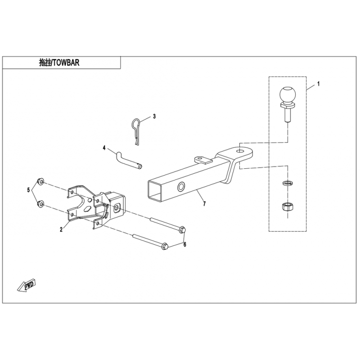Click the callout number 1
318,84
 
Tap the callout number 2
61,229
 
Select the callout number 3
154,117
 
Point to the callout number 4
104,148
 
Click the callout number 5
28,190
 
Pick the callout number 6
185,244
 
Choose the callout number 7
204,203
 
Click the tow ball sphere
288,94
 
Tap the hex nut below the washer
287,207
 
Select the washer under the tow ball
287,184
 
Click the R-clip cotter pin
136,131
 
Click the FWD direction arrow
27,285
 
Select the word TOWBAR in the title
66,63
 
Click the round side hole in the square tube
181,187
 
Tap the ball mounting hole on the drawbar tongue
241,151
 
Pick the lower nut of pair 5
41,204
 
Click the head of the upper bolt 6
182,229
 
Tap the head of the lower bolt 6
165,247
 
